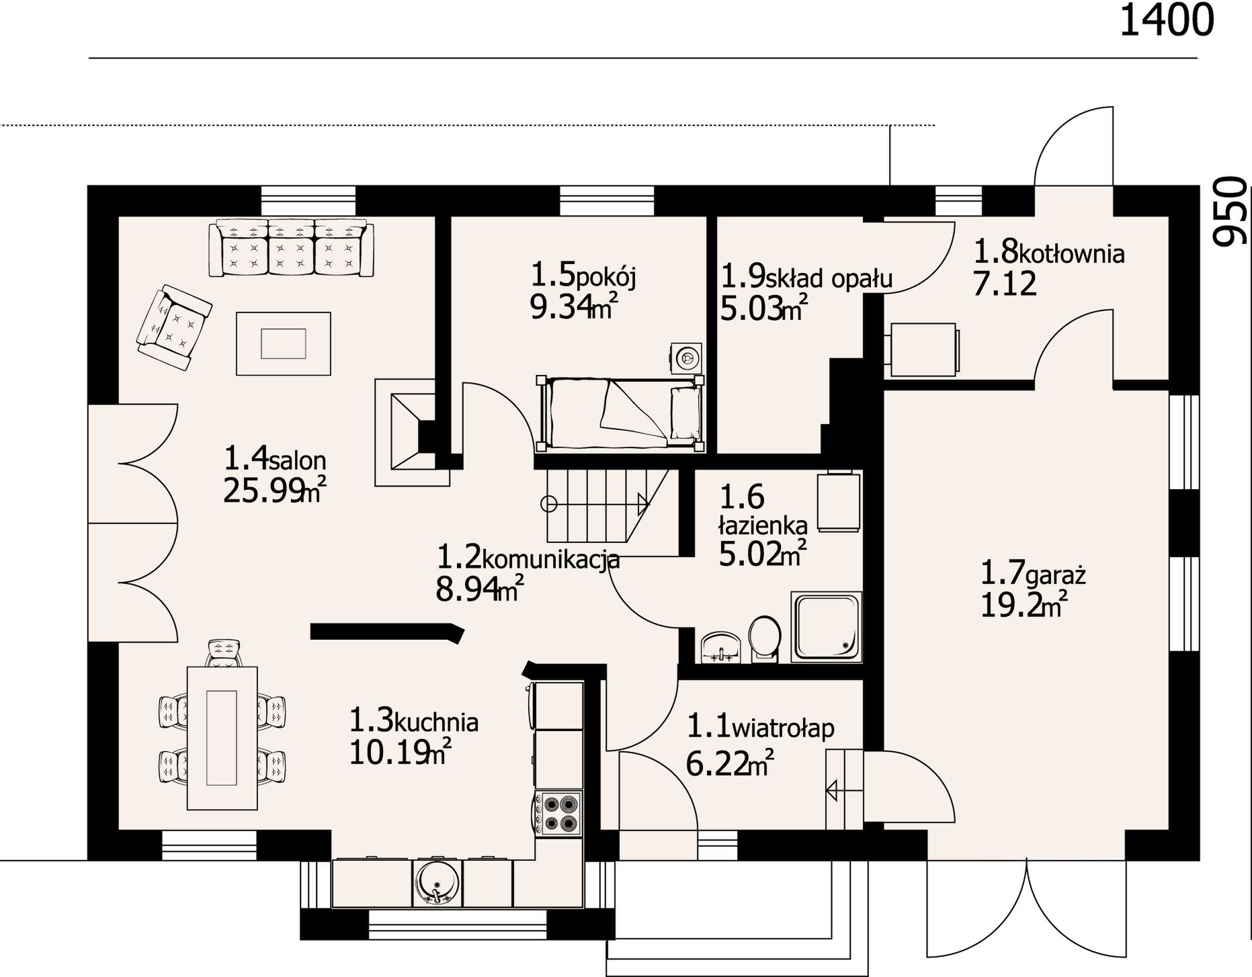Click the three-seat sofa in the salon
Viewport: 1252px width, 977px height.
291,247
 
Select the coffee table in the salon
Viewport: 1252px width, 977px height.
283,343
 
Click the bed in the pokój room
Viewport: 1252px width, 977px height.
620,413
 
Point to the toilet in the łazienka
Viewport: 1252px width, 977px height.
764,638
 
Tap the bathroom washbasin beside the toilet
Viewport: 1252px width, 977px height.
720,648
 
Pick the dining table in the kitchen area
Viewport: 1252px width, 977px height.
222,738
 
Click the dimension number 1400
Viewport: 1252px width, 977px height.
1167,20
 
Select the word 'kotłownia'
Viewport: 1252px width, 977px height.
1072,254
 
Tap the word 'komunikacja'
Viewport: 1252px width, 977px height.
551,559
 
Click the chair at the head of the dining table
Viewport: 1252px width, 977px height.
224,653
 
